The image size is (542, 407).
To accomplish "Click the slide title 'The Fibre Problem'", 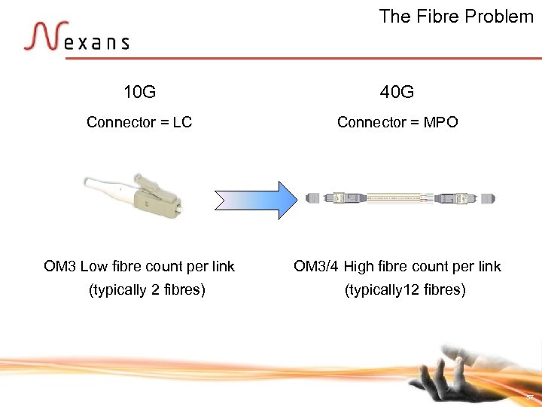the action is pos(456,17).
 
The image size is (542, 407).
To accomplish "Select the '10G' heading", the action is pos(139,93).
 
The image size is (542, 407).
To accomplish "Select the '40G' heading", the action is pos(397,93).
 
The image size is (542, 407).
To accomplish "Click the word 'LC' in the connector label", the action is pos(182,122).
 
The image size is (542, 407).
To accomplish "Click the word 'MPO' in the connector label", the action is pos(440,122).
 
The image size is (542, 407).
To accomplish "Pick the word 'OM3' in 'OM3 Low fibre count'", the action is pos(59,266).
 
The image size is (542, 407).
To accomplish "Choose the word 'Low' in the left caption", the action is pos(94,266).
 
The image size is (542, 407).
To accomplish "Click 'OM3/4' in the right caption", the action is pos(316,266).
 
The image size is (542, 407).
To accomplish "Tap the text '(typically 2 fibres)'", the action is pos(147,290).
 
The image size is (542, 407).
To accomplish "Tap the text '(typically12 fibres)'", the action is pos(405,290).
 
